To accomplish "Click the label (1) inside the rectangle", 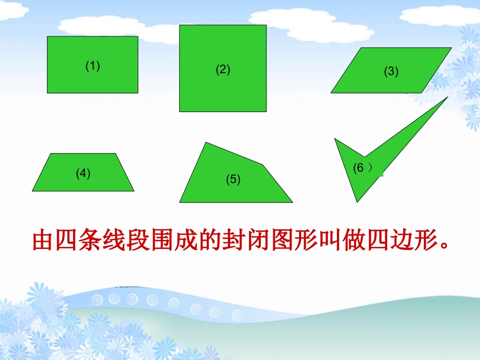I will pos(92,66).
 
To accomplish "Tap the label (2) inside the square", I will pos(223,70).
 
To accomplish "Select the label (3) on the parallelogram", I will pos(391,72).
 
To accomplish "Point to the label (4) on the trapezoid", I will pos(83,174).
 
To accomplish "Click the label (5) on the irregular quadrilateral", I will pos(233,179).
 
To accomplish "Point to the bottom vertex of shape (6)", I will pos(357,200).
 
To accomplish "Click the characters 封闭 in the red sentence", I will pos(246,241).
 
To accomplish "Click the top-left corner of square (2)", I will pos(180,25).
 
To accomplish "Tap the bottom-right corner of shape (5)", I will pos(292,201).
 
